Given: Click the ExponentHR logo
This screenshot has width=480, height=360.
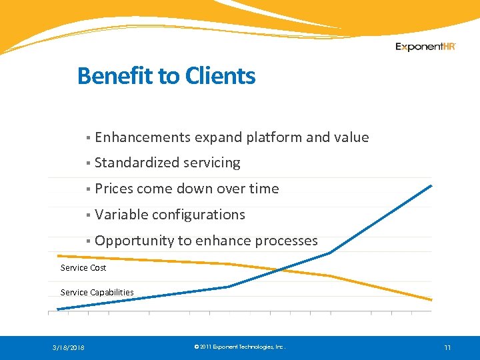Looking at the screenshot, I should (425, 47).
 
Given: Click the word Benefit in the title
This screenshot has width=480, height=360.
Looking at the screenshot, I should (116, 76).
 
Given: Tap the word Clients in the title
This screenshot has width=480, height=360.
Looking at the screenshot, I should (220, 76).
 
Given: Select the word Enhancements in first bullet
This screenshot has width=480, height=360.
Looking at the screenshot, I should (143, 137).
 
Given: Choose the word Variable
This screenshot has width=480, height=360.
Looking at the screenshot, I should (121, 215).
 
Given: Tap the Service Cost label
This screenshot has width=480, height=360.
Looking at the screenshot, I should (83, 268).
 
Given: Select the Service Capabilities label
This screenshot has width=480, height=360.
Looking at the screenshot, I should (97, 292).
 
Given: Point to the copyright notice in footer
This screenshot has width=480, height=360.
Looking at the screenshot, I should (239, 347).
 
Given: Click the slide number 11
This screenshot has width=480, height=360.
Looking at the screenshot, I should (447, 347).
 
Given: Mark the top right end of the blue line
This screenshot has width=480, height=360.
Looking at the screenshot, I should (431, 185).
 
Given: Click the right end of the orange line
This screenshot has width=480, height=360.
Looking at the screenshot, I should (431, 300).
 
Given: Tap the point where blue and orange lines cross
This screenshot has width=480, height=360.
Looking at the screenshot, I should (279, 269).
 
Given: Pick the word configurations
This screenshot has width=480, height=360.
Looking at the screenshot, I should (198, 215).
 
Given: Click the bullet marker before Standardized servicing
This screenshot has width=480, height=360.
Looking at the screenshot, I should (88, 163).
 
